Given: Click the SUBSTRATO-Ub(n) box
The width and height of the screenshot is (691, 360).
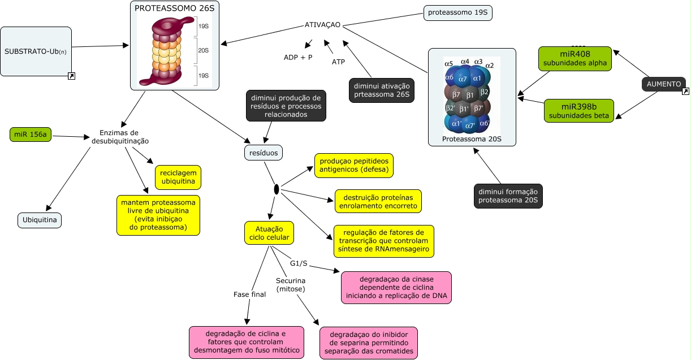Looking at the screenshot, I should tap(36, 51).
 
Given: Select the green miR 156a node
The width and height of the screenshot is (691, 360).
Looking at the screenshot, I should tap(30, 135).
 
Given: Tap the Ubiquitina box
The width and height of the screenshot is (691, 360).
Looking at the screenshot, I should tap(40, 220).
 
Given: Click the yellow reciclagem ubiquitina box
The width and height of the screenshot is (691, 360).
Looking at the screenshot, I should tap(178, 177).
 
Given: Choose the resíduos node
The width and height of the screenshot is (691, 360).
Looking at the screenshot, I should tap(264, 153).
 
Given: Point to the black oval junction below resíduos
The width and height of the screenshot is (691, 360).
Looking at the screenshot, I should tap(277, 189).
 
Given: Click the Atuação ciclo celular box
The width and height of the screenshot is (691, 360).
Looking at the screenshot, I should tap(269, 232).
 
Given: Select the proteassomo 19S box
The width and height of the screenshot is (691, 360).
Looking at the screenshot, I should tap(458, 12).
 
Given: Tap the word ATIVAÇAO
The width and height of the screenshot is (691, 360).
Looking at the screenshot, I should tap(322, 25).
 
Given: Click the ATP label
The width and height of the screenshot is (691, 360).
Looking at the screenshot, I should tap(338, 62).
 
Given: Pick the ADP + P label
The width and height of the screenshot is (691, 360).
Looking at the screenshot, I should tap(298, 58).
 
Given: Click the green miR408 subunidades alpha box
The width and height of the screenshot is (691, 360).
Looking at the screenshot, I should tap(575, 59).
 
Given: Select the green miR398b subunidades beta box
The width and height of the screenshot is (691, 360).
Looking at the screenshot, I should tap(579, 111).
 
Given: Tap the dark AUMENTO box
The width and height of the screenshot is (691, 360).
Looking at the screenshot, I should tap(664, 84).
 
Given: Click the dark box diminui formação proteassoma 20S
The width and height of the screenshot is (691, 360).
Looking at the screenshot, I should tap(508, 196).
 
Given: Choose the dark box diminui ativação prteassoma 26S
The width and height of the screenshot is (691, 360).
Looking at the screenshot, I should tap(382, 90).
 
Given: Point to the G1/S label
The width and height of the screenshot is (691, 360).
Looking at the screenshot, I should tap(299, 263).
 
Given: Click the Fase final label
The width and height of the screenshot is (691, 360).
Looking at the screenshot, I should tap(249, 294).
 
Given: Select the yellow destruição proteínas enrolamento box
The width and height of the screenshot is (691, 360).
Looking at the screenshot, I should tap(378, 201).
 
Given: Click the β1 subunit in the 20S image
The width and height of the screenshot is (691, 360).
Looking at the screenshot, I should tap(470, 94).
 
